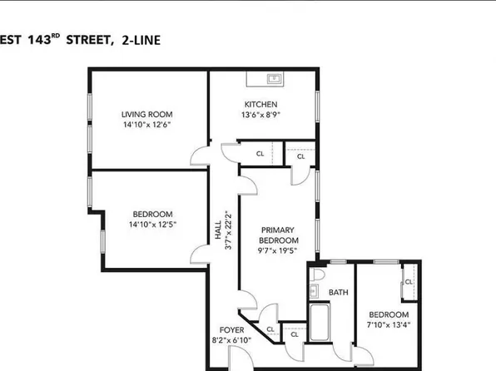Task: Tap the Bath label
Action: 337,292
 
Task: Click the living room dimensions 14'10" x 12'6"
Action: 147,126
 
